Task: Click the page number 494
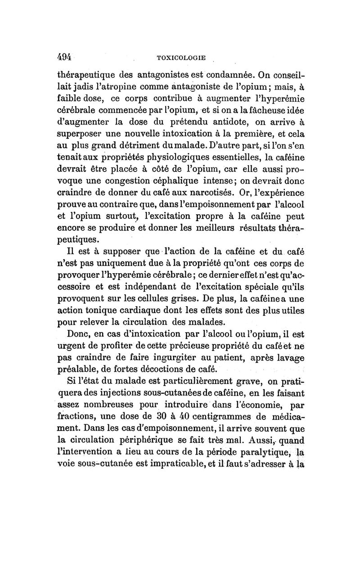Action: [x=66, y=57]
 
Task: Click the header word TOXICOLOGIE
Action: [x=180, y=58]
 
